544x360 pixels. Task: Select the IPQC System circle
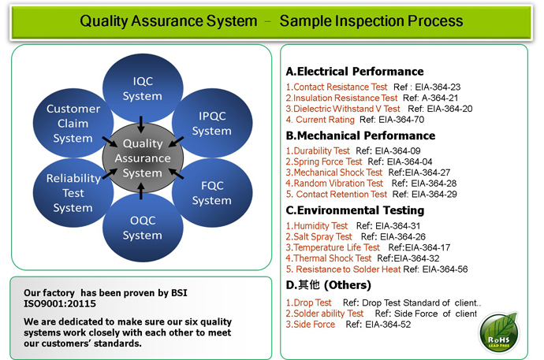[x=212, y=123]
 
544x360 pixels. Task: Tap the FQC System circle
[x=212, y=193]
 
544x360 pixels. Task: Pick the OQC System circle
[x=143, y=228]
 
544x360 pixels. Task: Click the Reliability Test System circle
[x=73, y=193]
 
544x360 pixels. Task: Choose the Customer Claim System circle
[x=73, y=123]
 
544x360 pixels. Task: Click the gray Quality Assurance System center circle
[x=143, y=158]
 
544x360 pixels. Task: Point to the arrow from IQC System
[x=141, y=124]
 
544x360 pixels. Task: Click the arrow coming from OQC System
[x=141, y=191]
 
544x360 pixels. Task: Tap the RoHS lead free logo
[x=498, y=332]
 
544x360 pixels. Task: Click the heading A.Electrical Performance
[x=355, y=72]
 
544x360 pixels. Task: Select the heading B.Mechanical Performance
[x=360, y=135]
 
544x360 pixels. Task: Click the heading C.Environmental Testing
[x=355, y=210]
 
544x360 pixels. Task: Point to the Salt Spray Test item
[x=319, y=236]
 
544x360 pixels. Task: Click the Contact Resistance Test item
[x=337, y=87]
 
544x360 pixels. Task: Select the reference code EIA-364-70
[x=401, y=120]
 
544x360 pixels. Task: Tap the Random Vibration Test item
[x=334, y=184]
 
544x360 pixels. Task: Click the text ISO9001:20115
[x=60, y=304]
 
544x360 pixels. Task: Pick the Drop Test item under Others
[x=309, y=302]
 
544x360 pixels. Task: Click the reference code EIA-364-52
[x=388, y=325]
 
